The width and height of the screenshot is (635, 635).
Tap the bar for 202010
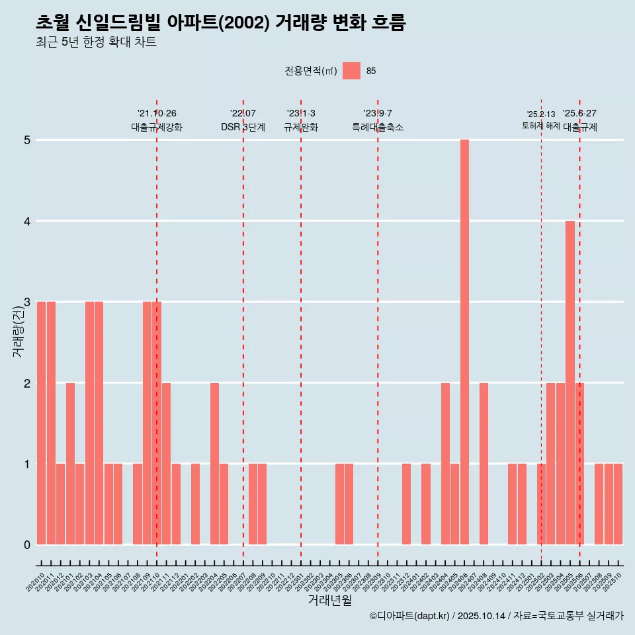pyautogui.click(x=41, y=423)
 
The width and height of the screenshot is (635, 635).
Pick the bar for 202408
pyautogui.click(x=484, y=463)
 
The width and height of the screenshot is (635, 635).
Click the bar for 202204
pyautogui.click(x=214, y=463)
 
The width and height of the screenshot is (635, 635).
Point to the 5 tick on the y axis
pyautogui.click(x=27, y=140)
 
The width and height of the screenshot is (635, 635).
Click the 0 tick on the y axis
pyautogui.click(x=27, y=545)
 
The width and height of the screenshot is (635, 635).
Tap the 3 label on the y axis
pyautogui.click(x=27, y=302)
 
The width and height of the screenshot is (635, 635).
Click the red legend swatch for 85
pyautogui.click(x=351, y=71)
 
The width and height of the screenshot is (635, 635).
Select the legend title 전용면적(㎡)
pyautogui.click(x=311, y=71)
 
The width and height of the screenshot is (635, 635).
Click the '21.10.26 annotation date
pyautogui.click(x=157, y=114)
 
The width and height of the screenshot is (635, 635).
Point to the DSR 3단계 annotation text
pyautogui.click(x=243, y=128)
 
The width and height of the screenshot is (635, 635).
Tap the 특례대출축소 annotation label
pyautogui.click(x=378, y=128)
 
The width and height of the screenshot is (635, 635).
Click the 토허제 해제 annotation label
pyautogui.click(x=540, y=126)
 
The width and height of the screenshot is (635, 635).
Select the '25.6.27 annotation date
pyautogui.click(x=579, y=114)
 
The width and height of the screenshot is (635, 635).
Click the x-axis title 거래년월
pyautogui.click(x=329, y=600)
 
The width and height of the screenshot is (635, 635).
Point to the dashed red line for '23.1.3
pyautogui.click(x=301, y=331)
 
